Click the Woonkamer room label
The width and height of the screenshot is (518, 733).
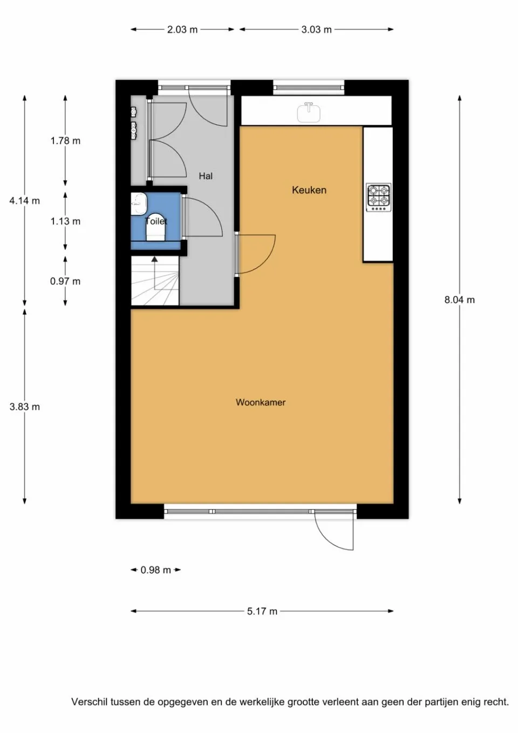click(261, 402)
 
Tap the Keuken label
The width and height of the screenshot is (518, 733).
click(309, 190)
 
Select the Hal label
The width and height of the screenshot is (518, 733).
click(206, 176)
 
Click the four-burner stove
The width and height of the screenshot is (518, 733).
click(378, 197)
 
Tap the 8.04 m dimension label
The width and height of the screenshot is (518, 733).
click(459, 300)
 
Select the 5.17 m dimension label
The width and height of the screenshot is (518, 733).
click(262, 612)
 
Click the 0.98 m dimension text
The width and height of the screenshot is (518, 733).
click(155, 570)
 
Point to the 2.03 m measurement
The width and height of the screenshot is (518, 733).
click(182, 30)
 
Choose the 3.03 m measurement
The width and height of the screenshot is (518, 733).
click(316, 30)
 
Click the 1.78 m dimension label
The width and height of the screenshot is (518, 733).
click(65, 141)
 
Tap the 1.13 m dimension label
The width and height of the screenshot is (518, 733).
click(65, 221)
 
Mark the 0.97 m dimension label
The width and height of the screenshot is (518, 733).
click(65, 281)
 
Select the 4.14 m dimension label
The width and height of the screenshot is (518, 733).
click(24, 201)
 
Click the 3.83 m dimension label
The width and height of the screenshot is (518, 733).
click(24, 407)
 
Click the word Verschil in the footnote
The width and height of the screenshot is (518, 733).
click(89, 702)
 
